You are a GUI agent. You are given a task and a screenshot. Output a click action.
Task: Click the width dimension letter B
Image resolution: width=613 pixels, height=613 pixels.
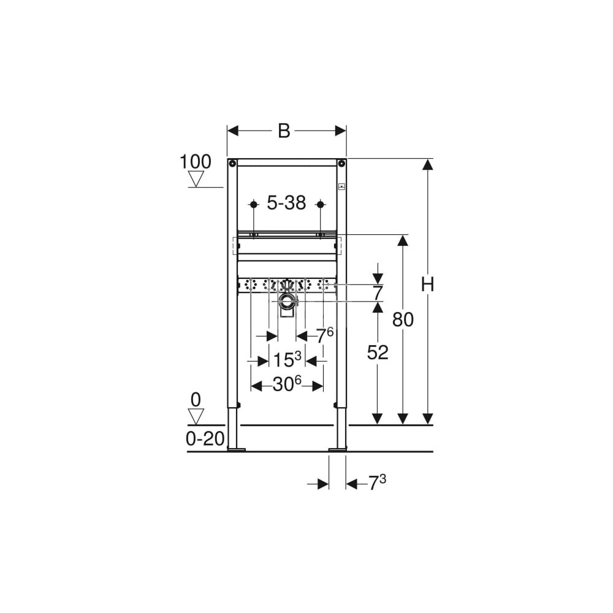pos(284,131)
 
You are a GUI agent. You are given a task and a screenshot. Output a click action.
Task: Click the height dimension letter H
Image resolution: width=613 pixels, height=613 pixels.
pos(428,284)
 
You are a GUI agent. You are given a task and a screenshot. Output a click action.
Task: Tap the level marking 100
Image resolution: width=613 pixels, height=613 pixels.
pos(195,161)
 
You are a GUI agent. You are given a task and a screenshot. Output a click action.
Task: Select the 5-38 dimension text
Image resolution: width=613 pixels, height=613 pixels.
pos(286,203)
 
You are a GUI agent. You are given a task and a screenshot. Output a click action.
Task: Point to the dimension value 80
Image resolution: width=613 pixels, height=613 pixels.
pos(403,320)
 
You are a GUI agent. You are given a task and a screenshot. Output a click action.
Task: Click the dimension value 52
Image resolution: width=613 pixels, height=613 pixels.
pos(378,352)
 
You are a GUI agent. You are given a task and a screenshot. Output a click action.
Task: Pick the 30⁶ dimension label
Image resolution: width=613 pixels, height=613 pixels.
pos(287,385)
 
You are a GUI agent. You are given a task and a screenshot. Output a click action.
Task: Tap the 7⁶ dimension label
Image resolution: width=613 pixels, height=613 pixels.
pos(324,335)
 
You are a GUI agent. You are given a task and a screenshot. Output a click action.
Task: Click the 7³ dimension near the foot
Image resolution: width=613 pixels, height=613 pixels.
pos(377,483)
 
